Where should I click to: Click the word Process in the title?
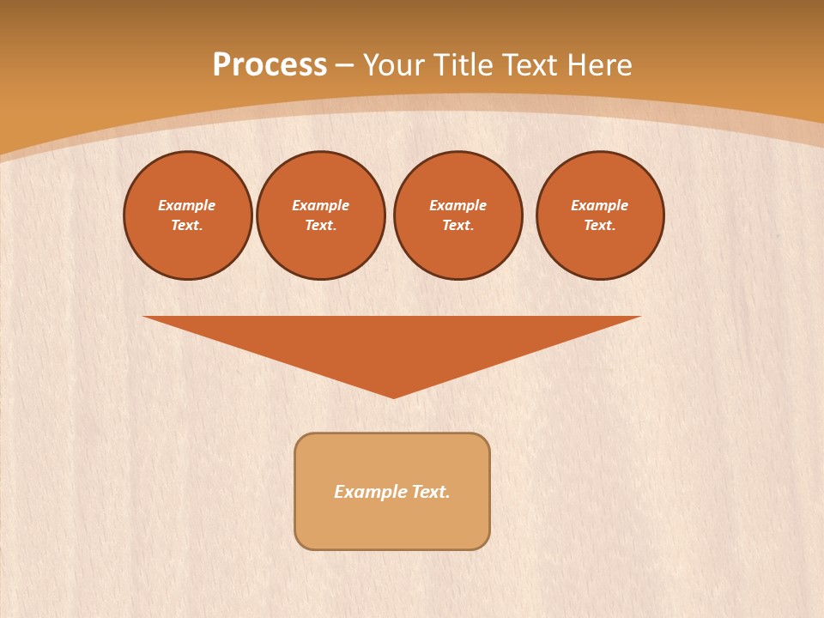[x=270, y=65]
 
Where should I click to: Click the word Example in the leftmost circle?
[x=187, y=205]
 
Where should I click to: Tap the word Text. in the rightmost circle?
[x=600, y=226]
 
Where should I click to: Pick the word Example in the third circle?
[x=458, y=205]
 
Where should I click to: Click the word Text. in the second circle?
[x=321, y=226]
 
